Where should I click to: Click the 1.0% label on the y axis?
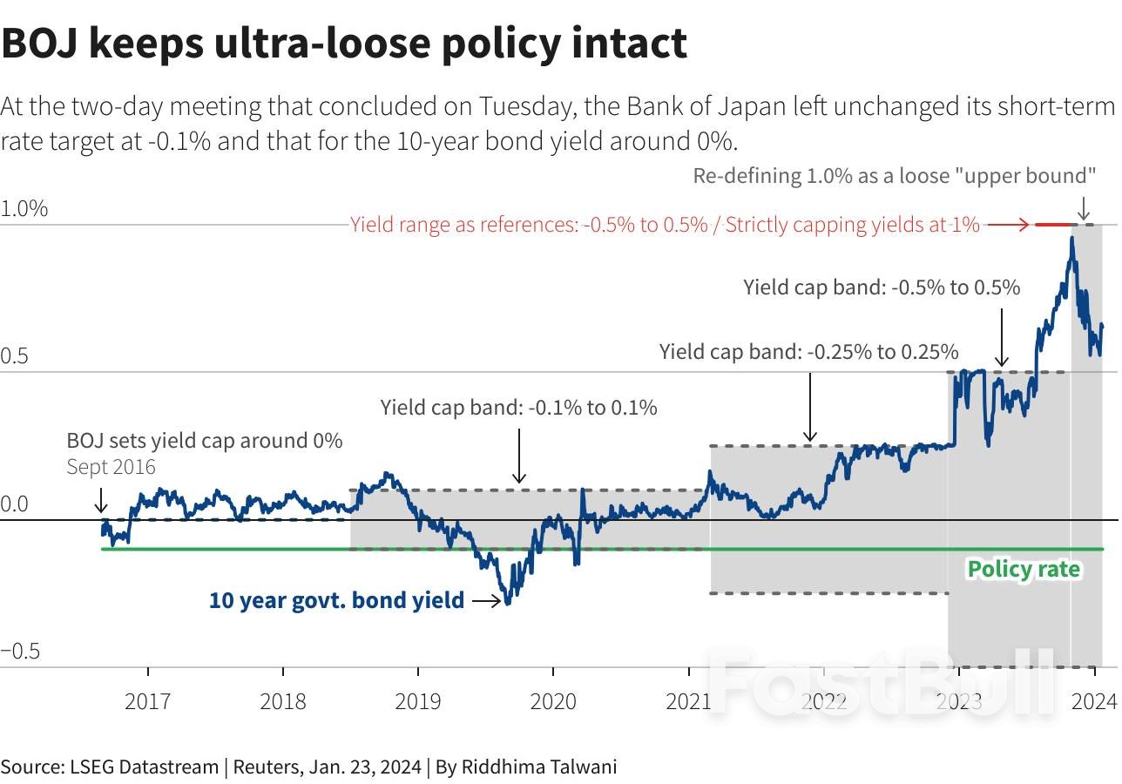point(24,208)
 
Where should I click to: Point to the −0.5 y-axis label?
point(20,651)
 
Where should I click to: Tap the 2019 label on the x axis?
point(418,701)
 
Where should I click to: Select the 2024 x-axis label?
point(1094,701)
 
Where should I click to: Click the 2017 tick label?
point(148,701)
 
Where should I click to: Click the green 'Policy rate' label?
point(1024,570)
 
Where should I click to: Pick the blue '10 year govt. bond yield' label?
point(336,600)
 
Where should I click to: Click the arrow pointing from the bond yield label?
point(487,600)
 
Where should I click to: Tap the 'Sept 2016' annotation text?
point(112,467)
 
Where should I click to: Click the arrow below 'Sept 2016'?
point(101,501)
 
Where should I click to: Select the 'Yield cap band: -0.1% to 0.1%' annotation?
point(518,408)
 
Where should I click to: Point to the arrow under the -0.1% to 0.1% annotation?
point(519,456)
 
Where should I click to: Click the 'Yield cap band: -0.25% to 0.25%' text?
point(808,352)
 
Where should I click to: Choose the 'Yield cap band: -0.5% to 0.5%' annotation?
point(882,287)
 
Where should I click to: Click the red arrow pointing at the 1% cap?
point(1008,225)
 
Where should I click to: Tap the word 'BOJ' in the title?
point(40,44)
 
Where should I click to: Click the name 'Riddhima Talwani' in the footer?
point(539,767)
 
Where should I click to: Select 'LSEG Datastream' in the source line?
point(145,767)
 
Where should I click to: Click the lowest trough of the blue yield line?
point(508,603)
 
